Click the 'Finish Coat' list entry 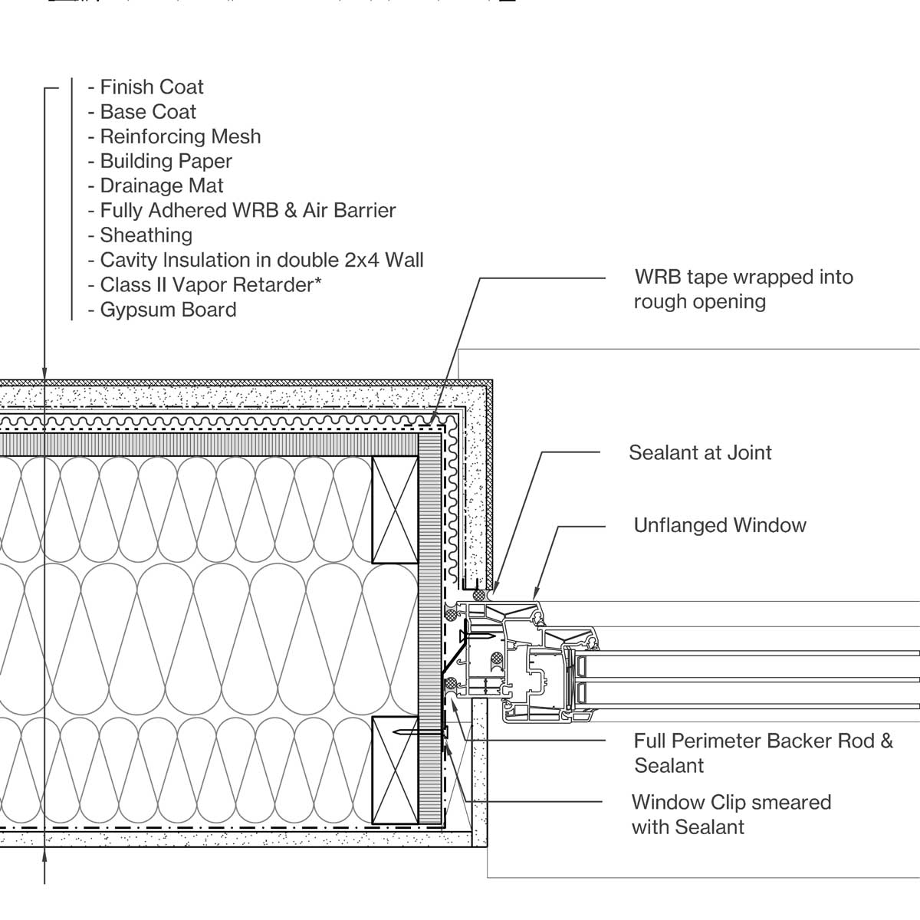coord(151,87)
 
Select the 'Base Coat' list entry coord(147,112)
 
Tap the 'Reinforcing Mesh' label coord(179,136)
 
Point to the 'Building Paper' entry coord(165,161)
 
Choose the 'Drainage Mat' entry coord(161,186)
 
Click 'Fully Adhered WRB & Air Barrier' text coord(247,211)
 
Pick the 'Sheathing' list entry coord(146,235)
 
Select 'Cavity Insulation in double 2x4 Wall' coord(261,260)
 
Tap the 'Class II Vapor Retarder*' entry coord(210,285)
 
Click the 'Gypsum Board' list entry coord(167,310)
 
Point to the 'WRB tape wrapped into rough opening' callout coord(742,289)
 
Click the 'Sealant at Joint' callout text coord(699,452)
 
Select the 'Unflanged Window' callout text coord(719,525)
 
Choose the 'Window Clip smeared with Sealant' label coord(731,814)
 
